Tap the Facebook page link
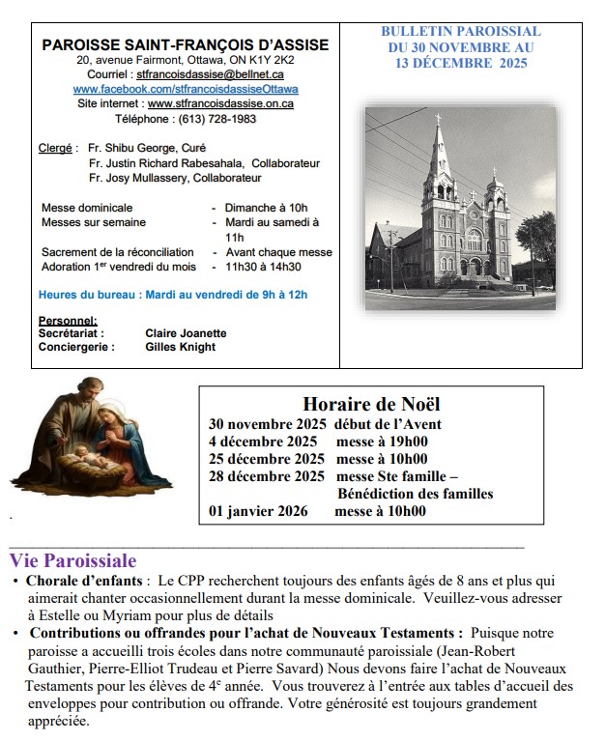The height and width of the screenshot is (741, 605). point(186,89)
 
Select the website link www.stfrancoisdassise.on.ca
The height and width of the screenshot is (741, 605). point(220,103)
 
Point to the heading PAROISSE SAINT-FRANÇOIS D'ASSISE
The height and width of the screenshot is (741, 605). point(186,44)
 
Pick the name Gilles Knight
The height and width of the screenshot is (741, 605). point(180,347)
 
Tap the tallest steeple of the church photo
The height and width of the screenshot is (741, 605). point(440,145)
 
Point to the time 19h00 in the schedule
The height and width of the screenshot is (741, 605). point(407,442)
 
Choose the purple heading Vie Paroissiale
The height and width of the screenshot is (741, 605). point(73,560)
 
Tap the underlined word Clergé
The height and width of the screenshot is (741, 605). point(55,148)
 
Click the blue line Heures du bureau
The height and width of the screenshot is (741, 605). point(173,294)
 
